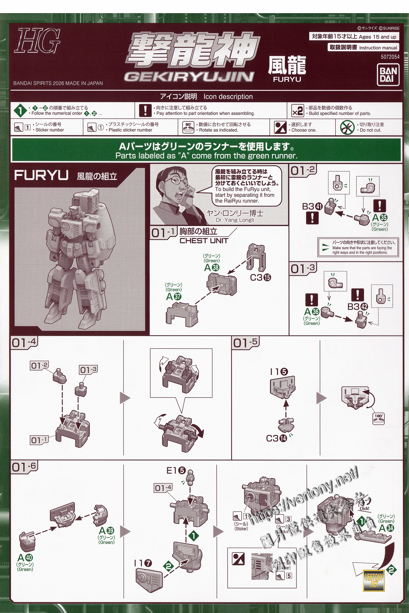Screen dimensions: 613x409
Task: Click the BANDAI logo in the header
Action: pos(388,75)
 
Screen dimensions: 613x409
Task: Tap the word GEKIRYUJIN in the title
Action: pos(189,77)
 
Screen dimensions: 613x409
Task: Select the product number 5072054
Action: pos(390,57)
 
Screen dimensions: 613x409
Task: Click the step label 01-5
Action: pos(245,343)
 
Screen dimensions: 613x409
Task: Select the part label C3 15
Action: pos(260,278)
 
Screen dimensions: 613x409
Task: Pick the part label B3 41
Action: pos(312,207)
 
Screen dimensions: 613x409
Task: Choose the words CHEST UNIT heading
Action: pos(204,241)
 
